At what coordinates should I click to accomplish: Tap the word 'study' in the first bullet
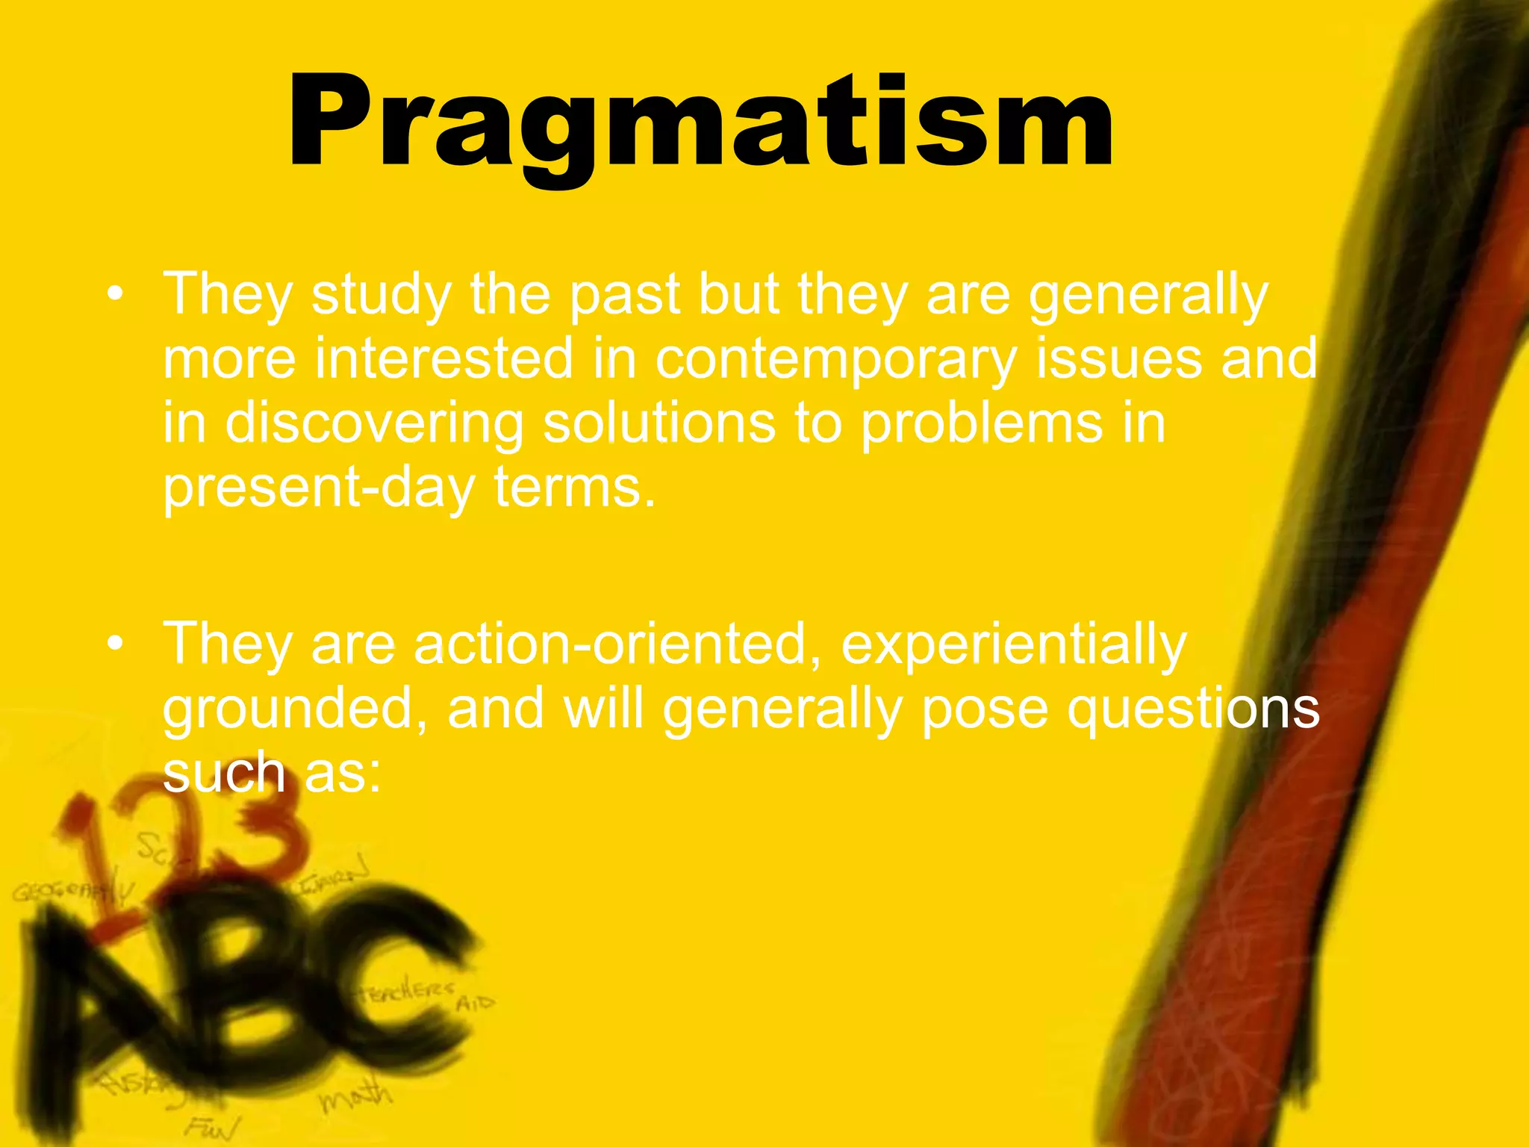(381, 294)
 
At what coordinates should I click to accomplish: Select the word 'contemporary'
(836, 358)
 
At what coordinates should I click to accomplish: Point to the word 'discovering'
(374, 423)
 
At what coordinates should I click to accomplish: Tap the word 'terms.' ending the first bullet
(575, 488)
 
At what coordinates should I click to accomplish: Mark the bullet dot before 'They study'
(114, 294)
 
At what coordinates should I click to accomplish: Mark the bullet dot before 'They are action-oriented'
(114, 644)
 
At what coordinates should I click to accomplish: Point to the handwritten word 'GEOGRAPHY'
(71, 893)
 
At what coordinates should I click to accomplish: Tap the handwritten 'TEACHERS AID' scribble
(426, 997)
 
